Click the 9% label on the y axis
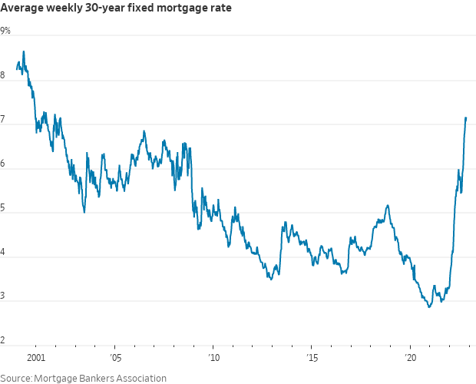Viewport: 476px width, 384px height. [6, 31]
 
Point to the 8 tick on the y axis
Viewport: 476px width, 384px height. [4, 75]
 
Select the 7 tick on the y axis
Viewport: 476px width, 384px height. [4, 119]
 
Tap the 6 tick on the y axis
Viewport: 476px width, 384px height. [4, 164]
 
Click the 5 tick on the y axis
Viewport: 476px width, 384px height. [4, 207]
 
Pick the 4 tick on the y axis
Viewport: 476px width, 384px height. [4, 252]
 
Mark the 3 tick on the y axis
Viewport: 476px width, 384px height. [4, 296]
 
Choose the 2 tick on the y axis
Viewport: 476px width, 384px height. [4, 340]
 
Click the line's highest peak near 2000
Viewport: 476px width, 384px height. [24, 51]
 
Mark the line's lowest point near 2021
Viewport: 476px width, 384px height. [429, 307]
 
